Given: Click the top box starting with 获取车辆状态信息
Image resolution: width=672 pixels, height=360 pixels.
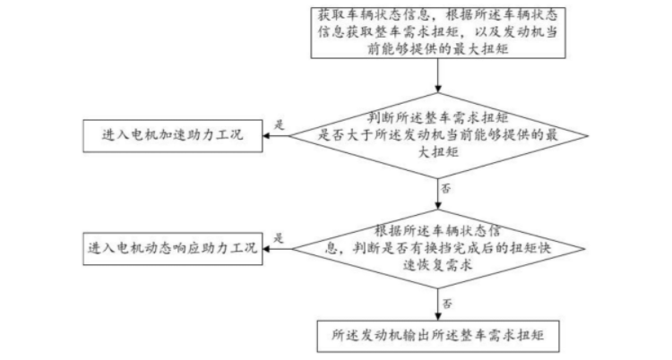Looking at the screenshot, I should tap(438, 31).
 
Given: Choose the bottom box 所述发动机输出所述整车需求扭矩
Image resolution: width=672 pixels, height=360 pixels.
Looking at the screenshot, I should tap(438, 337).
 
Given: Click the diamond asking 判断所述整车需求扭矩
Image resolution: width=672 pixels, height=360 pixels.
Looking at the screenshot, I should tap(438, 136).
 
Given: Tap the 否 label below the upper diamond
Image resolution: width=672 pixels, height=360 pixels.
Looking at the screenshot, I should tap(446, 189).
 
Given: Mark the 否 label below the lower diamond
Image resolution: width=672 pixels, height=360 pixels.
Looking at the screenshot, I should tap(446, 303).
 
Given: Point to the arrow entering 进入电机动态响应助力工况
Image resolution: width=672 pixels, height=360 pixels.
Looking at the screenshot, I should tap(278, 246).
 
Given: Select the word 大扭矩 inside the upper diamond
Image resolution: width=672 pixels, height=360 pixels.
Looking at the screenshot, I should tap(438, 154).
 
